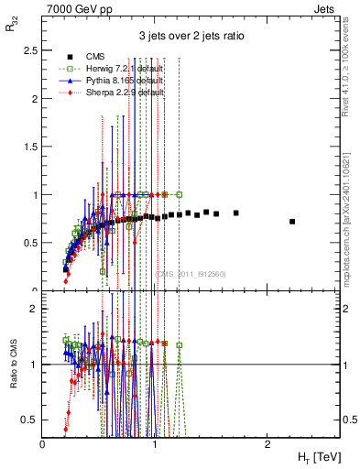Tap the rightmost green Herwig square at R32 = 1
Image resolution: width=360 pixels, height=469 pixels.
pyautogui.click(x=180, y=194)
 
